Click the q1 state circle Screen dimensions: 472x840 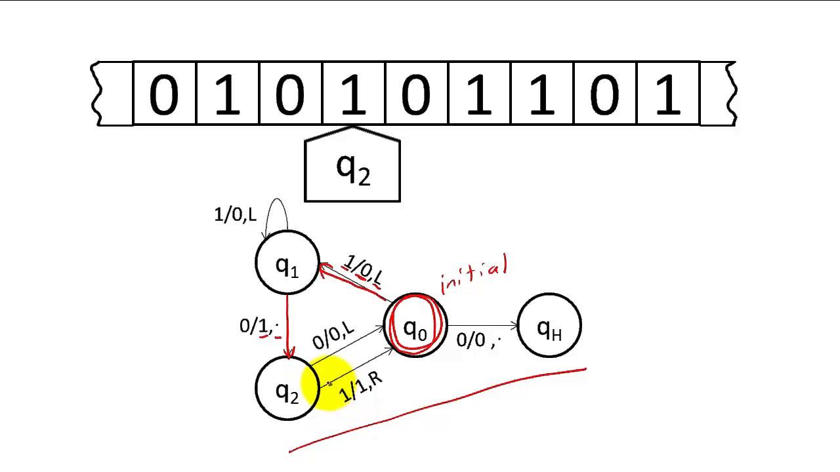287,263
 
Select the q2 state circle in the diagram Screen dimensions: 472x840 286,389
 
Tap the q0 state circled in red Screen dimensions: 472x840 415,326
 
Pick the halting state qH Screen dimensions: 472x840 549,326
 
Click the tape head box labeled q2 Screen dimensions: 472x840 353,168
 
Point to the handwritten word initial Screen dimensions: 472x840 474,275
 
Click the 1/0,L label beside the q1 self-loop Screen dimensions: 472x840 235,214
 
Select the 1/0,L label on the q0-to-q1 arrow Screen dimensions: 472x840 364,270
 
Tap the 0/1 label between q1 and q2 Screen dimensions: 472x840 259,326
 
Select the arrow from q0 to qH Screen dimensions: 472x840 482,325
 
